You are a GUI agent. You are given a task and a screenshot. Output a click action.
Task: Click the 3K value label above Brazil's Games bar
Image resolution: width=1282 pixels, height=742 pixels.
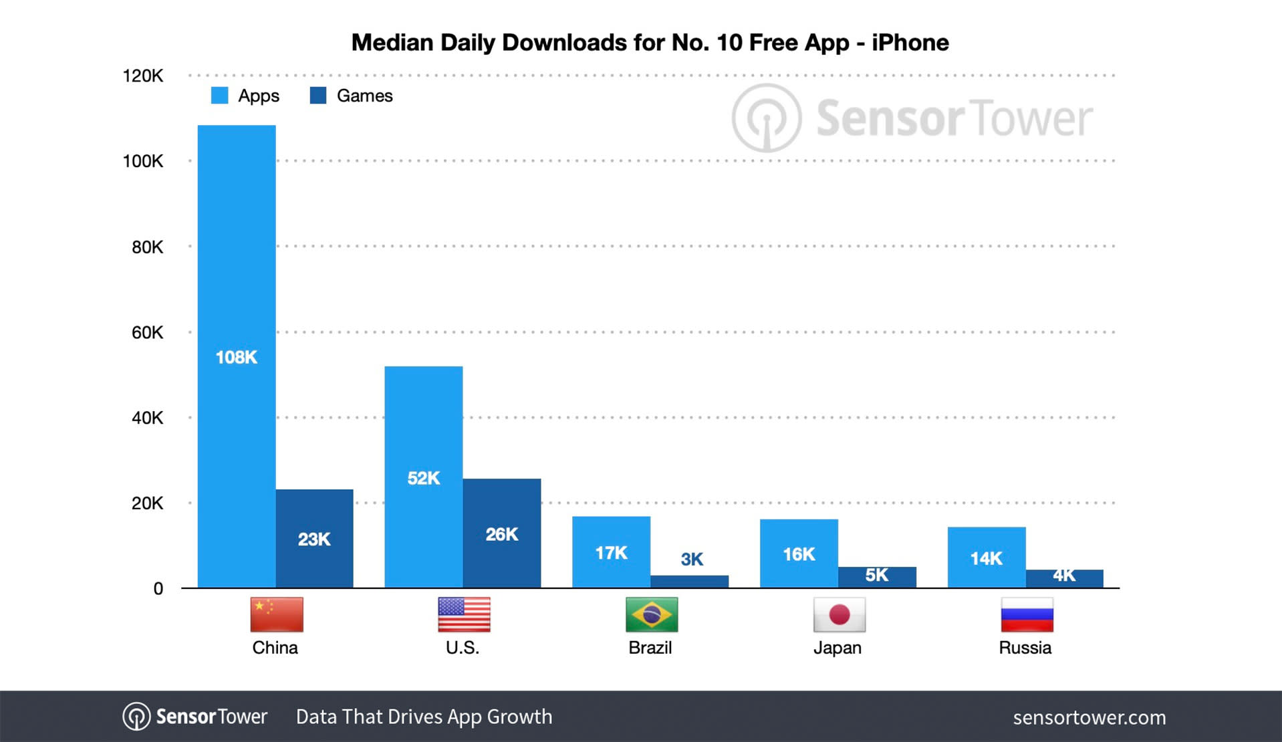pos(692,559)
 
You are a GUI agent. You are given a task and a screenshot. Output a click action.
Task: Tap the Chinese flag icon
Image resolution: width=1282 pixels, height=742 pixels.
pos(276,614)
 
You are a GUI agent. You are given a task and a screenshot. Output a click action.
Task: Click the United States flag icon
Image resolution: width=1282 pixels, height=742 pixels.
pos(464,614)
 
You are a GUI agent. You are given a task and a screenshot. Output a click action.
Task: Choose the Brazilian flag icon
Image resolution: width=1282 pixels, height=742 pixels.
pos(652,614)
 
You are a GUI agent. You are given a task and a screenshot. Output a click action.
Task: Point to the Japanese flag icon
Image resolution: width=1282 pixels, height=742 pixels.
pos(839,614)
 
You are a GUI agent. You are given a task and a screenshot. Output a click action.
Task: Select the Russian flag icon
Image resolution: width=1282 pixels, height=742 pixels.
pos(1027,614)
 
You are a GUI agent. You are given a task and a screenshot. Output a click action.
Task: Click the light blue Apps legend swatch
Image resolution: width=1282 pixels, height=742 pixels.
pos(219,96)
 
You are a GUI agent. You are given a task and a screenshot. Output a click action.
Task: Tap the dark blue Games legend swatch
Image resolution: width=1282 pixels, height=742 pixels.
pos(318,96)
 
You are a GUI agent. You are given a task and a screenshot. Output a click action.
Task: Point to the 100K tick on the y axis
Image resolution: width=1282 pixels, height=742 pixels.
pos(142,161)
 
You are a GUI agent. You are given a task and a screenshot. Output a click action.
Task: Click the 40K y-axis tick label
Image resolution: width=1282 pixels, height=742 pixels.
pos(147,418)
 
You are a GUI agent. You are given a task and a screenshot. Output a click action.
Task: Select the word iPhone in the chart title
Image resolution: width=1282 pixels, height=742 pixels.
pos(910,43)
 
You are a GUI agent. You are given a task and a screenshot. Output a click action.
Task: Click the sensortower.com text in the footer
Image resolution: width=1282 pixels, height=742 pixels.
pos(1089,717)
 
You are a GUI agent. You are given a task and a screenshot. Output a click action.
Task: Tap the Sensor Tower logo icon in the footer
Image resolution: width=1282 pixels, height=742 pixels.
pos(136,717)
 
